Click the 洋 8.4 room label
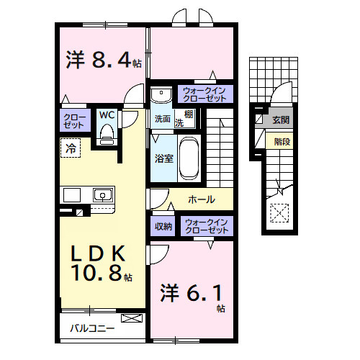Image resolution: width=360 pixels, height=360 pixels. click(101, 60)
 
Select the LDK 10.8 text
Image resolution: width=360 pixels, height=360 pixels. click(100, 264)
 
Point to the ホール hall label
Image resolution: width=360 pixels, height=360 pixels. click(201, 199)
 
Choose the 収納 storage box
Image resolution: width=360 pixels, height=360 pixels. click(163, 226)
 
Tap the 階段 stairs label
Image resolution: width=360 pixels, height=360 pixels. click(282, 141)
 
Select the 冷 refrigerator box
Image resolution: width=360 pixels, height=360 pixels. click(71, 150)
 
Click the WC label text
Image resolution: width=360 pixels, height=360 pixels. click(107, 115)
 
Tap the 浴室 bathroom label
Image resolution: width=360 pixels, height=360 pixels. click(162, 158)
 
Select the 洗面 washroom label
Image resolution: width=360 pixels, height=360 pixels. click(161, 119)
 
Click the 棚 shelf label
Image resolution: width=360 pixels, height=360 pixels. click(187, 115)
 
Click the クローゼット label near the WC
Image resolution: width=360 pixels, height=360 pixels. click(74, 120)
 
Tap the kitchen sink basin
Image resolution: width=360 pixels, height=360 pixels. click(102, 194)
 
